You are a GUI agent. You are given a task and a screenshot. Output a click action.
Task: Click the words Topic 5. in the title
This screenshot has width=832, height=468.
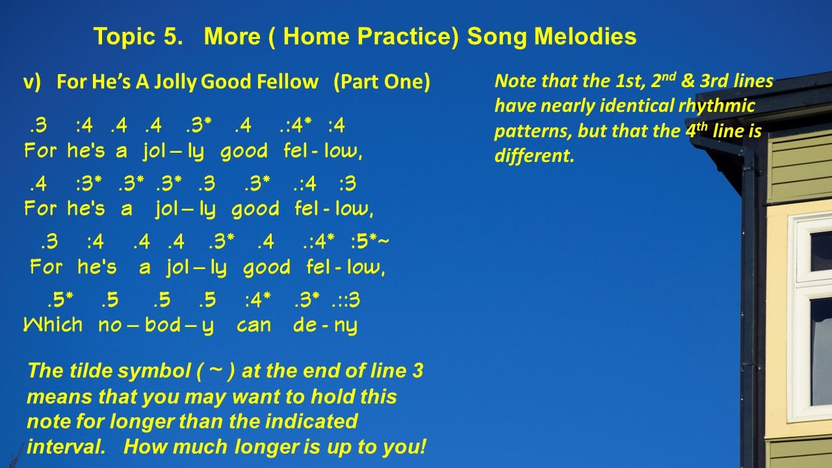138,36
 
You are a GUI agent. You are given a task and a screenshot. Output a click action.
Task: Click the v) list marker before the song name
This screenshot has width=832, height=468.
32,82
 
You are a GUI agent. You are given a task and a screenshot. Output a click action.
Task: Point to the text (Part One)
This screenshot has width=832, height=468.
382,82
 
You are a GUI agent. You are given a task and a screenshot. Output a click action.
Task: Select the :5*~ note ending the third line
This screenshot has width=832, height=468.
370,241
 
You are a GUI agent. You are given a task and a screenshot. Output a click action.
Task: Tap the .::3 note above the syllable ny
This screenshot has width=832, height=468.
346,300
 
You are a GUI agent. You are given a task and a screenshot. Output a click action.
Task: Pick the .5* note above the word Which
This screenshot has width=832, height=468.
60,300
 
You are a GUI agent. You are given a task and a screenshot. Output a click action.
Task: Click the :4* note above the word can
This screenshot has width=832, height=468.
258,300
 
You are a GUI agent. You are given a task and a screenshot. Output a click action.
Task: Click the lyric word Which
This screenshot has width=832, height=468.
53,324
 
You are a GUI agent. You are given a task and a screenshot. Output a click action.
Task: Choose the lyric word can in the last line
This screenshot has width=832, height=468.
254,326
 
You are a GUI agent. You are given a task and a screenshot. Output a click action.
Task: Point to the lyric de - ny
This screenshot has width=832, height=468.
326,326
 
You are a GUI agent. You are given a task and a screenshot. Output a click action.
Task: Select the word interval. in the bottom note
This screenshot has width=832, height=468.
66,447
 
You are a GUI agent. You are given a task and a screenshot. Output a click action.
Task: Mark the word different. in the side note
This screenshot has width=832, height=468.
534,155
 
